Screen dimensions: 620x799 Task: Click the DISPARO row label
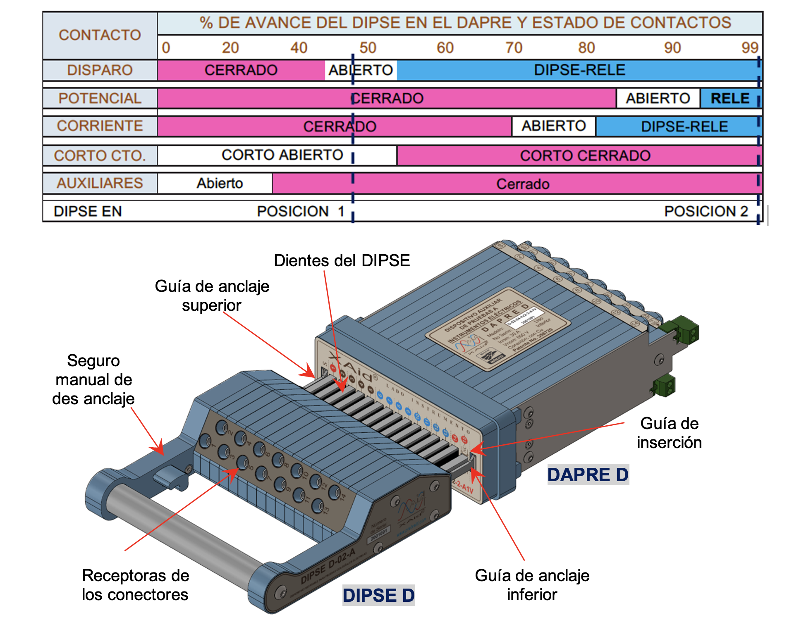coord(100,70)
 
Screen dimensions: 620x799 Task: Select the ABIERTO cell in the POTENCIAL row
coord(658,98)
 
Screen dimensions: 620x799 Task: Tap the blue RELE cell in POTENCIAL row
coord(730,98)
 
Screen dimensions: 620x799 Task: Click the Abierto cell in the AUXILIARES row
coord(219,183)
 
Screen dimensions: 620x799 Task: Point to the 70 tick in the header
coord(514,48)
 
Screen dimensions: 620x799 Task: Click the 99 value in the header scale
coord(750,48)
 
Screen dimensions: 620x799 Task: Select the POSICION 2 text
coord(706,211)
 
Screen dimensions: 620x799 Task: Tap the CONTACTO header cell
coord(100,35)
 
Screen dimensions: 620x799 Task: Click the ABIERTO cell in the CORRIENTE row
coord(553,126)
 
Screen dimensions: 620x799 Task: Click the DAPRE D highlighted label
coord(588,475)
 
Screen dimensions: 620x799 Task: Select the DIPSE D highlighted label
coord(378,595)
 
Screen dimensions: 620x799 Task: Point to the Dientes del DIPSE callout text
coord(342,260)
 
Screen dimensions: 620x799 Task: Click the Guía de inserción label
coord(669,433)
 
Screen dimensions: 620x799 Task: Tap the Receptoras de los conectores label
coord(135,585)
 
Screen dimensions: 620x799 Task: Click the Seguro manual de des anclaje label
coord(93,379)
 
